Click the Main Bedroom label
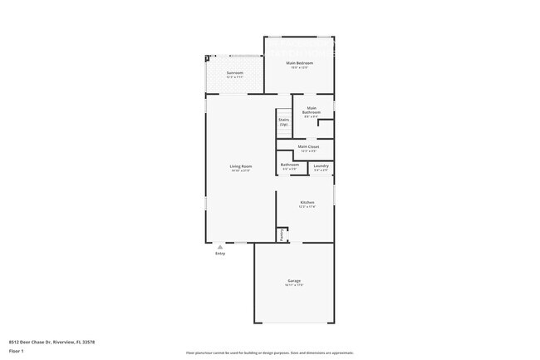[x=299, y=63]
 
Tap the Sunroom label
[x=235, y=73]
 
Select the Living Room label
[x=241, y=166]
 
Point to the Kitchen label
[x=307, y=202]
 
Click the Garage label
[x=294, y=281]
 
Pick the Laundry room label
[x=321, y=165]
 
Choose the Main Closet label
[x=308, y=146]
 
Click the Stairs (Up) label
[x=283, y=121]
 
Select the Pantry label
[x=282, y=234]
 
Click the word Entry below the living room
[x=220, y=254]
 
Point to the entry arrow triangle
[x=220, y=247]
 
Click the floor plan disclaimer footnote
[x=270, y=353]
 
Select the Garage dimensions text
[x=294, y=285]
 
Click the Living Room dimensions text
[x=241, y=170]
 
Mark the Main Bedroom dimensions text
[x=299, y=67]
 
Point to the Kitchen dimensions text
[x=307, y=206]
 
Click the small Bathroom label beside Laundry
[x=290, y=165]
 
